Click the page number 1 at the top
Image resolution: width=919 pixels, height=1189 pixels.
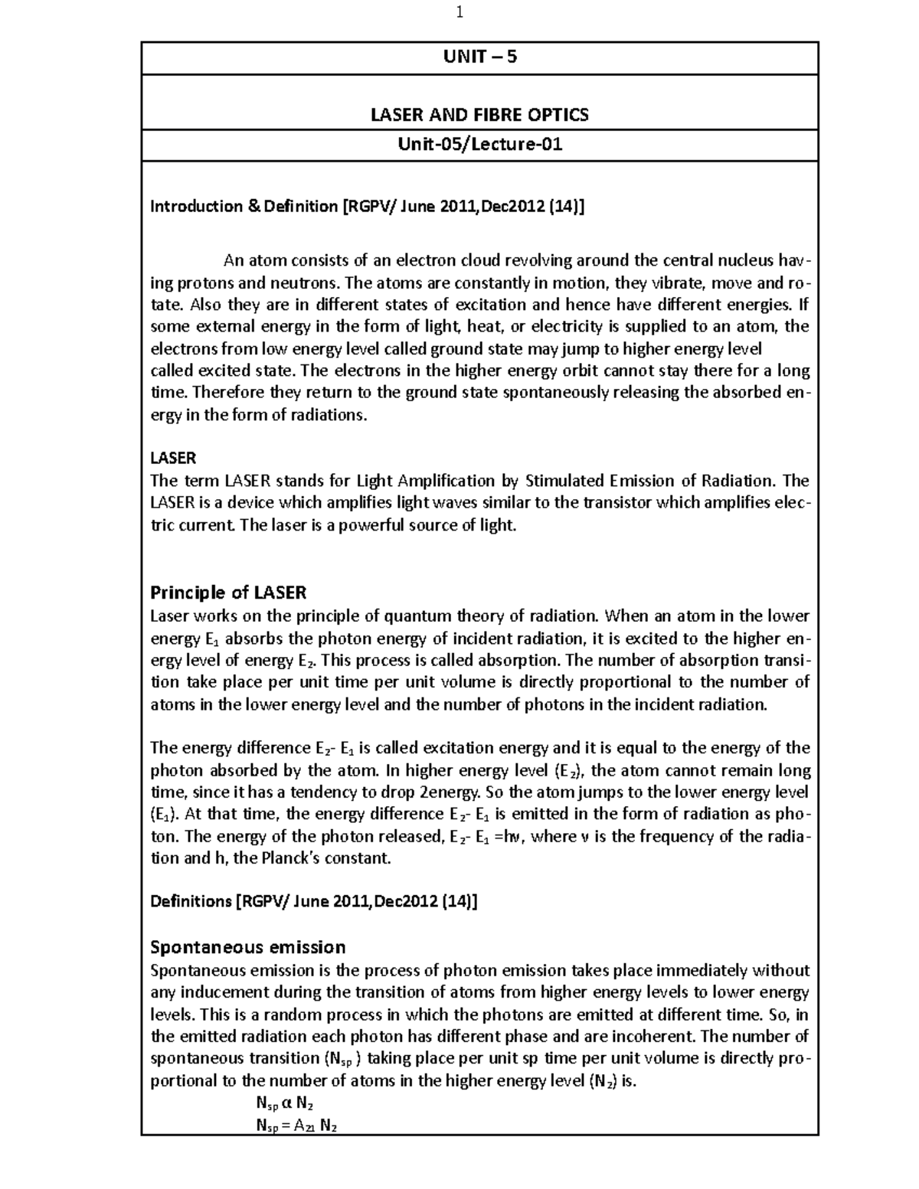[x=459, y=12]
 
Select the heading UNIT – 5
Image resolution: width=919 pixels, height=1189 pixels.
[x=480, y=57]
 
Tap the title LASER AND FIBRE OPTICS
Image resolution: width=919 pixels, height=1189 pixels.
[x=480, y=115]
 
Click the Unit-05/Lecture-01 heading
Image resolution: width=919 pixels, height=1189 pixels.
[x=480, y=144]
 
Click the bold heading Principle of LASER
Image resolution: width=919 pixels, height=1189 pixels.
[x=228, y=593]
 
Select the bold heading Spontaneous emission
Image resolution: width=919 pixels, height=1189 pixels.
[x=248, y=947]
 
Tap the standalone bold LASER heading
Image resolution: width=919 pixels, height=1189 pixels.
[x=173, y=458]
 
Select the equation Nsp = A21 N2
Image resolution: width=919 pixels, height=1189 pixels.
[x=296, y=1125]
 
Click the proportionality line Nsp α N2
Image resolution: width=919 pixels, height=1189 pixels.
[x=285, y=1103]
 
